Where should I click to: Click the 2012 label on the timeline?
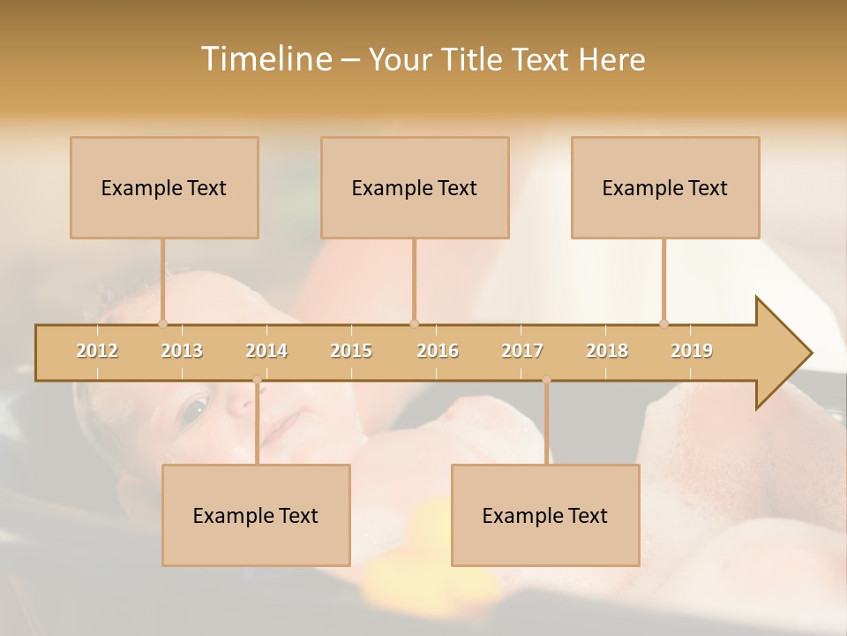coord(97,351)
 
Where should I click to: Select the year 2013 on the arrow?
coord(182,351)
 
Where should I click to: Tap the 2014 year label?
coord(266,351)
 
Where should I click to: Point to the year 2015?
coord(351,351)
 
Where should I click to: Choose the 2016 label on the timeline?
coord(438,351)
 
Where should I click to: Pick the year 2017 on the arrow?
coord(522,351)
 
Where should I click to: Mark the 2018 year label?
coord(607,351)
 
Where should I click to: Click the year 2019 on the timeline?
coord(692,351)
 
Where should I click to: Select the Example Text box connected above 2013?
coord(164,187)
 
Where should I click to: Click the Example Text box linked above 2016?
coord(415,187)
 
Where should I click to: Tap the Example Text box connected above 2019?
coord(665,187)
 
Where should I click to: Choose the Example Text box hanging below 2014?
coord(256,515)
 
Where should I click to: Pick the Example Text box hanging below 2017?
coord(545,515)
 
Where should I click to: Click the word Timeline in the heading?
coord(265,59)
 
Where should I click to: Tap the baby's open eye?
coord(195,407)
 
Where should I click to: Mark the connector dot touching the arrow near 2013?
coord(162,323)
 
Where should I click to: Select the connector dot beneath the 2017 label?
coord(546,380)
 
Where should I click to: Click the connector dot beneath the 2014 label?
coord(257,380)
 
